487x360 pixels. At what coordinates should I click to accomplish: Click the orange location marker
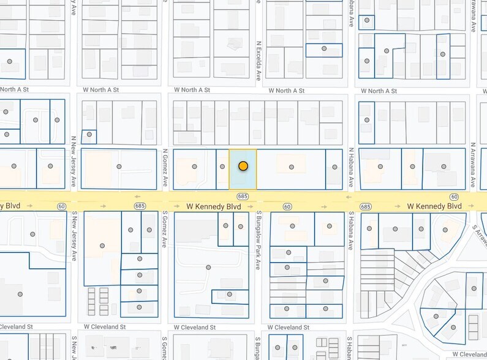tap(243, 166)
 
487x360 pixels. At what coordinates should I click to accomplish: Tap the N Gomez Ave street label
tap(165, 168)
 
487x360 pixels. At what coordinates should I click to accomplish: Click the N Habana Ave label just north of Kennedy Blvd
tap(352, 167)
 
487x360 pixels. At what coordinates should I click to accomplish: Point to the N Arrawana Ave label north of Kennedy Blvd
tap(473, 165)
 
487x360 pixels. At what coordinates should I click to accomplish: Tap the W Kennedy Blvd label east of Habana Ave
tap(434, 206)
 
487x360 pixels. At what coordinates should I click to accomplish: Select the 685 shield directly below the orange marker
tap(243, 196)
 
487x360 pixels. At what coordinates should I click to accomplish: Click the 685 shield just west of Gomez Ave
tap(140, 206)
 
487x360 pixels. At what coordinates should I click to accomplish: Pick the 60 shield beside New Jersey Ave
tap(61, 206)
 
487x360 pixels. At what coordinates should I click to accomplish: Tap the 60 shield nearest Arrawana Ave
tap(453, 196)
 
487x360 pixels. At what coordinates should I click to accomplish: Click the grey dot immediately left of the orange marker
tap(222, 167)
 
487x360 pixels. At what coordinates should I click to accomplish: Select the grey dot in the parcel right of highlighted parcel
tap(292, 167)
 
